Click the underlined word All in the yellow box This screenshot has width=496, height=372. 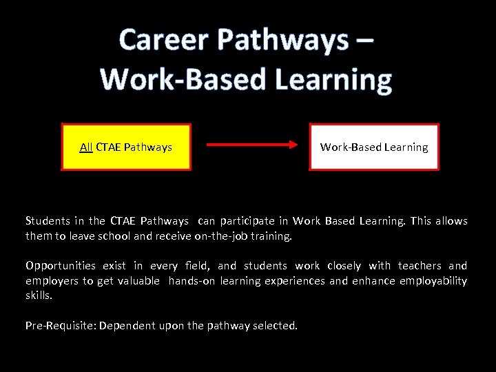click(x=86, y=147)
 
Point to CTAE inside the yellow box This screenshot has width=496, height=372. click(x=109, y=147)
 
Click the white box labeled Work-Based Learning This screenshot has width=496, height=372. click(x=374, y=147)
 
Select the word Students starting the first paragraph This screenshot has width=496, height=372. click(x=48, y=221)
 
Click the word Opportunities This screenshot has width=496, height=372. click(x=60, y=266)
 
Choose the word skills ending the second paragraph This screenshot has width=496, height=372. click(x=39, y=295)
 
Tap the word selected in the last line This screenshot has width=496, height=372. click(x=276, y=324)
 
